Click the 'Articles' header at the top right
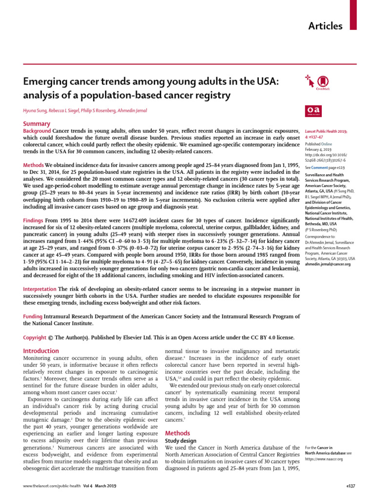[325, 26]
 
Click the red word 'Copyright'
[36, 337]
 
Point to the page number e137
[343, 486]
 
